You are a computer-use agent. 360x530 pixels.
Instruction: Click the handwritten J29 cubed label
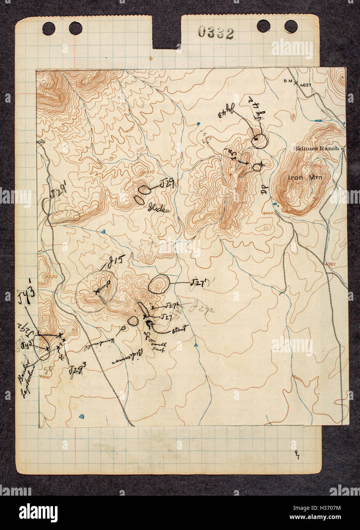coord(77,370)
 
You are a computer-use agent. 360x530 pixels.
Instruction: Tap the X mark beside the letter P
coord(97,291)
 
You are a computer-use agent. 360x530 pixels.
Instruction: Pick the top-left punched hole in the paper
coord(49,27)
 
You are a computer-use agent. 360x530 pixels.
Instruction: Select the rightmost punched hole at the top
coord(291,26)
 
